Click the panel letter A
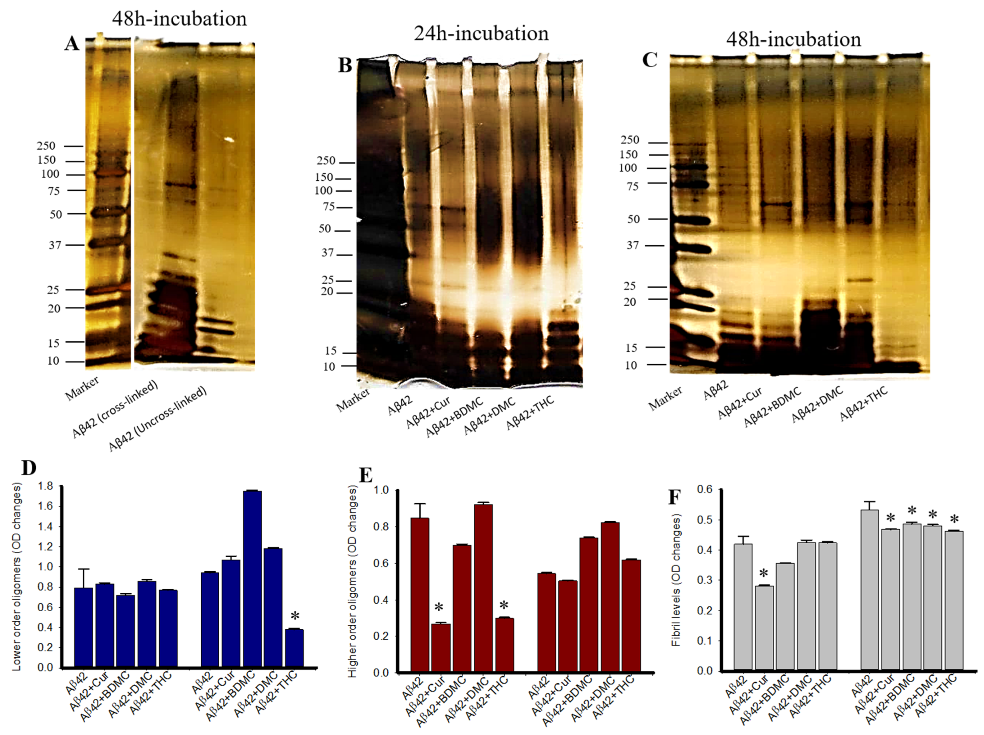point(72,44)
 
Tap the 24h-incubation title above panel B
point(481,34)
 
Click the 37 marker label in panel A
point(55,245)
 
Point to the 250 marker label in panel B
point(326,161)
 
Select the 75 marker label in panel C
point(632,186)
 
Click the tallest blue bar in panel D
point(252,578)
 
